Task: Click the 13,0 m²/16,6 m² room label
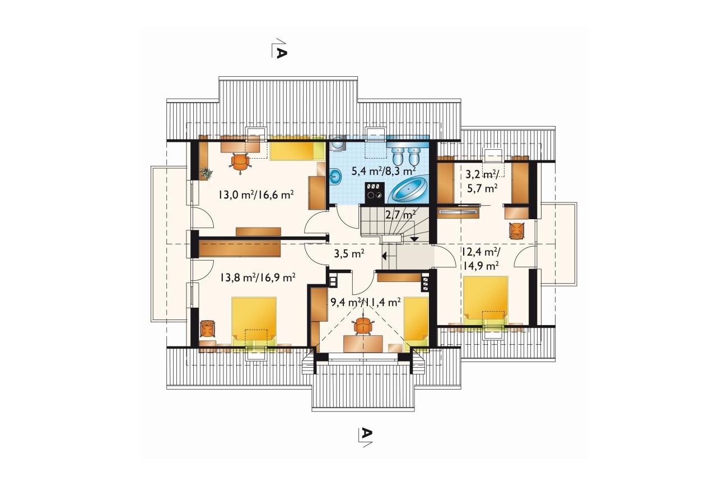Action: coord(256,195)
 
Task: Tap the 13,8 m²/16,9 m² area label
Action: coord(258,277)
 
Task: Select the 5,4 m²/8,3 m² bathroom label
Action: coord(384,170)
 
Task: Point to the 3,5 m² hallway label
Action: coord(349,253)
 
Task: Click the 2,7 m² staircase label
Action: coord(400,215)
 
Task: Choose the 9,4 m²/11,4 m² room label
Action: coord(365,303)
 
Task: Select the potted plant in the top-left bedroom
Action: coord(206,173)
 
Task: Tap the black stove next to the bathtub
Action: coord(375,193)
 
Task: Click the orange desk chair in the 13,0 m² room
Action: coord(240,163)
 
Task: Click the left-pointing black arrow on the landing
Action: coord(384,256)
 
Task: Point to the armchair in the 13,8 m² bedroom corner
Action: coord(208,329)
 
